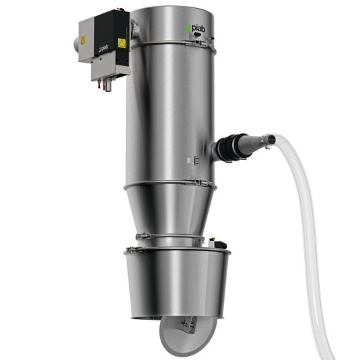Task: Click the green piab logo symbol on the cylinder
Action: (x=188, y=27)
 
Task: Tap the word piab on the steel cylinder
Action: (x=199, y=29)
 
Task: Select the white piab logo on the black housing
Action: (x=103, y=48)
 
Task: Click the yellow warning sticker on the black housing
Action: (x=122, y=43)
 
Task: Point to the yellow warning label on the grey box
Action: (x=83, y=41)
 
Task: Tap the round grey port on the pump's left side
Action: (x=76, y=44)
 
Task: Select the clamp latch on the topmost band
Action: (x=198, y=43)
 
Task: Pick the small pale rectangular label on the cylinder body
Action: (x=189, y=160)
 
